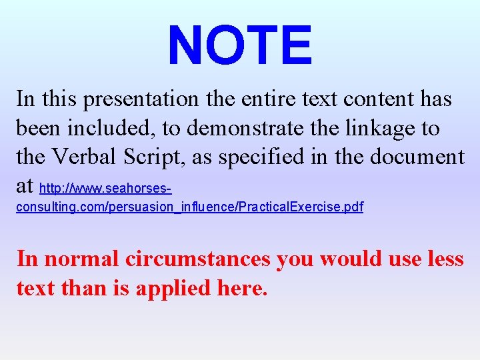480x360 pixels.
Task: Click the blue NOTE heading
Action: point(240,45)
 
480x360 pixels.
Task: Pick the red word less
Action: point(445,258)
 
